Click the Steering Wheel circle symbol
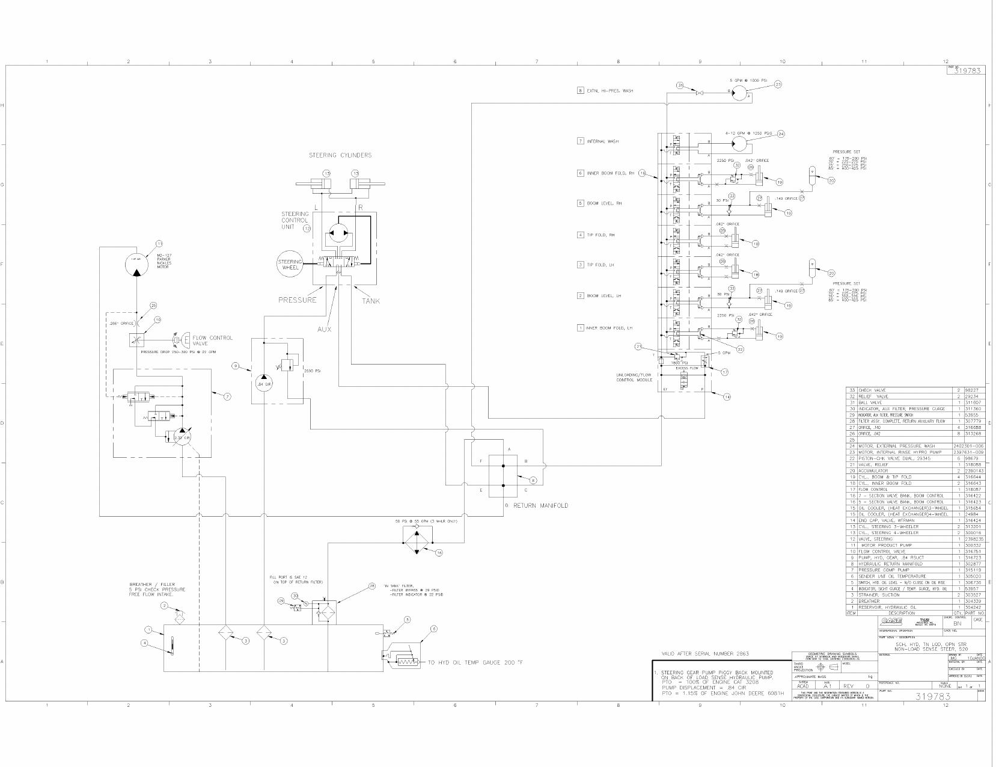290,265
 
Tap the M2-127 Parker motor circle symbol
137,263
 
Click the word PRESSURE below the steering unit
297,300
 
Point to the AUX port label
324,329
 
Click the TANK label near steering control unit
370,301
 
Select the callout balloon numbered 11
159,244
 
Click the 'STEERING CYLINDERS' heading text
340,155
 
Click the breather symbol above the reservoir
179,617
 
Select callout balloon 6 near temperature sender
433,629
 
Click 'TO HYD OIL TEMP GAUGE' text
475,663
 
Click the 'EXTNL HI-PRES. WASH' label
609,91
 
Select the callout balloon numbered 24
781,134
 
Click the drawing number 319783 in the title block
932,697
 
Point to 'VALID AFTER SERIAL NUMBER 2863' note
705,654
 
